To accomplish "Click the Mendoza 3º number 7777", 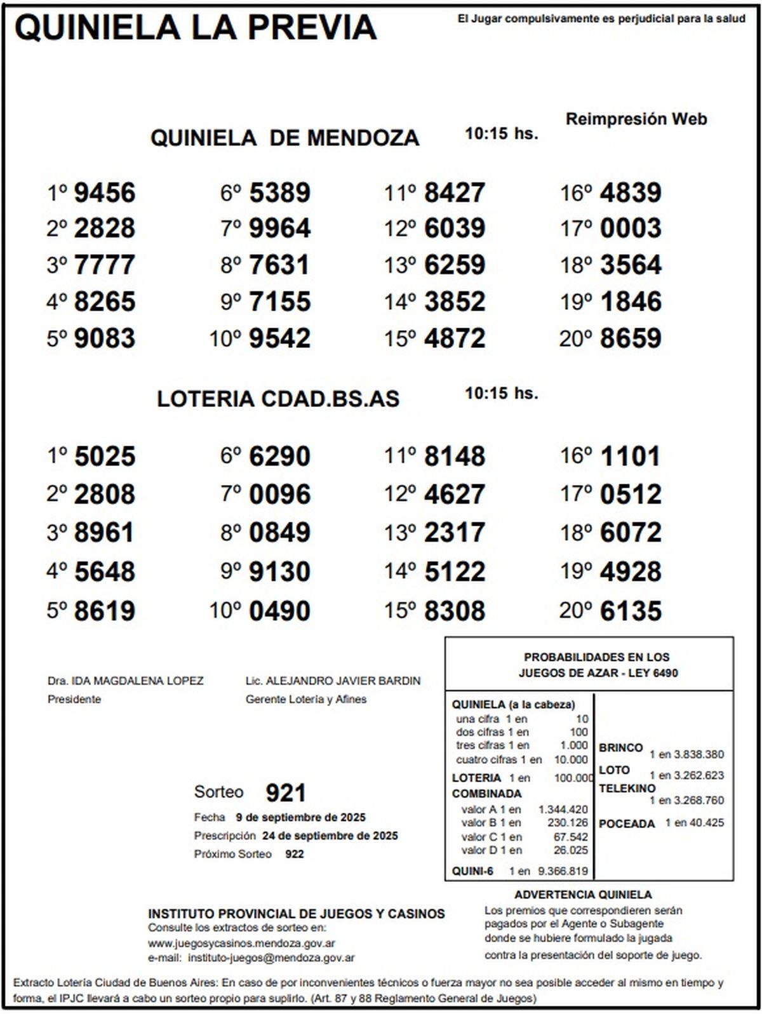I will click(105, 265).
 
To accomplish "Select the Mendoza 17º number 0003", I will click(631, 229).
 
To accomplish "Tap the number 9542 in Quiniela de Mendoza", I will click(280, 338).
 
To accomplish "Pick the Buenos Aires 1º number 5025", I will click(105, 457).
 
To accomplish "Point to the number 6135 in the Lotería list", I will click(631, 611).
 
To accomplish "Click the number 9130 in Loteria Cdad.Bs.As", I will click(280, 571).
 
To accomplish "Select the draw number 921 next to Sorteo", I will click(286, 792).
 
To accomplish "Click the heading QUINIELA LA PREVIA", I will click(196, 27).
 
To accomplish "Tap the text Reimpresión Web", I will click(636, 119).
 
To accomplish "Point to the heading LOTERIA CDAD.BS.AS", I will click(278, 399).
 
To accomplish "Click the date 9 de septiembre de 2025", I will click(300, 817).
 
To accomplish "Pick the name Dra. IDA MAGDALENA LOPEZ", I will click(126, 681).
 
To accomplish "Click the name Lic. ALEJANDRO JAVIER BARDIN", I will click(333, 681).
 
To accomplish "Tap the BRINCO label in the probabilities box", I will click(620, 747).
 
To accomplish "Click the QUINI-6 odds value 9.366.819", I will click(563, 871).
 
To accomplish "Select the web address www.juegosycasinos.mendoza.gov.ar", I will click(242, 944).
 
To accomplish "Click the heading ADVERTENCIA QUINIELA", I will click(583, 895).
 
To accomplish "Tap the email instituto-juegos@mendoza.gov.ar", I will click(271, 957).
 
